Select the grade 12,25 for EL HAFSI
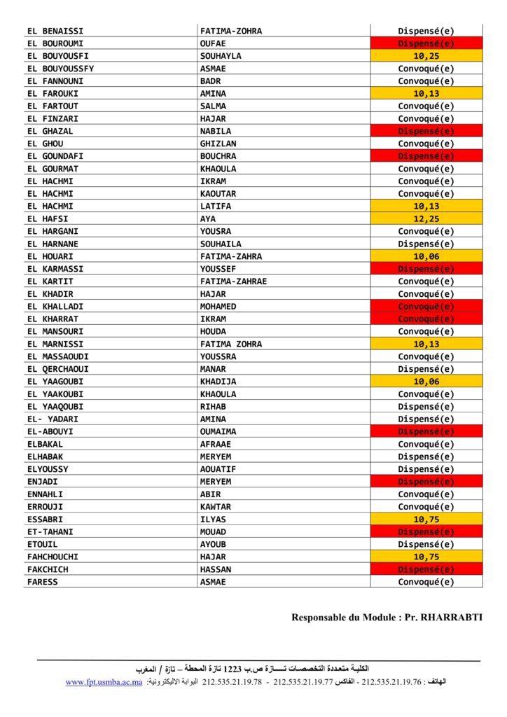click(x=426, y=219)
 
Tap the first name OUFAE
click(x=213, y=43)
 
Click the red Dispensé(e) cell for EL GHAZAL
click(x=426, y=131)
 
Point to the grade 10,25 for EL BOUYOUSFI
click(x=426, y=56)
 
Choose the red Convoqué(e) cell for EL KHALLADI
click(x=426, y=307)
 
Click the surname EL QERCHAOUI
click(x=58, y=369)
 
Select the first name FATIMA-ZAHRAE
click(x=233, y=281)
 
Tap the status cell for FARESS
click(x=426, y=582)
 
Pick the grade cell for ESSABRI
click(x=426, y=520)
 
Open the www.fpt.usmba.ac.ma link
click(x=104, y=682)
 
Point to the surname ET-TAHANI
click(x=50, y=532)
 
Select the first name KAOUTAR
click(x=218, y=194)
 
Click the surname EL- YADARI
click(x=53, y=419)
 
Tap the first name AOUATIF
click(x=218, y=469)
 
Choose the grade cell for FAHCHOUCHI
click(x=426, y=557)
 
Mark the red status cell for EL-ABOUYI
click(x=426, y=432)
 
